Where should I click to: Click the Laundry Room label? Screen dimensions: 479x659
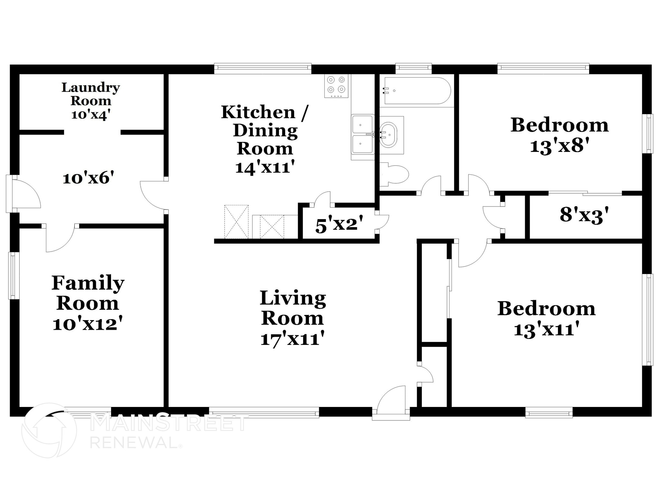91,94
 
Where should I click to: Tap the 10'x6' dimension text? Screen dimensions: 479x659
88,178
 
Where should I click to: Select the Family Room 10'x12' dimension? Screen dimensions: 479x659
88,324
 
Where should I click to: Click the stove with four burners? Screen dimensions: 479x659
336,86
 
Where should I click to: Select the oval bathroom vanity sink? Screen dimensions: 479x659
389,135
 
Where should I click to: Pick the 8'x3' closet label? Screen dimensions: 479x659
584,215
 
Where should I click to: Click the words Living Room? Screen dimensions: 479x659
292,308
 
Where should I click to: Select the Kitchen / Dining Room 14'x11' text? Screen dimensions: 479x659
265,167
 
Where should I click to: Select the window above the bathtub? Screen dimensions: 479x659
413,67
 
